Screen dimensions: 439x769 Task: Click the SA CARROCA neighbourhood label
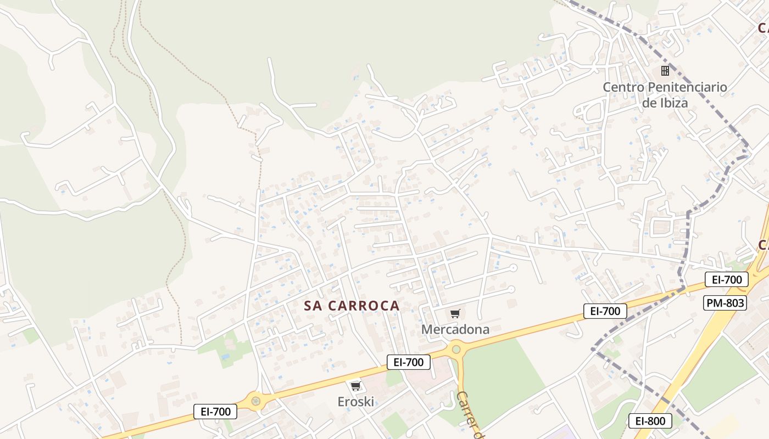pos(352,306)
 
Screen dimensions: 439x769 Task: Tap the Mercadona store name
pos(455,329)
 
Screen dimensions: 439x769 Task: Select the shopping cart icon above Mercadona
pos(455,314)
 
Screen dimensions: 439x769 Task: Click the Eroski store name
pos(355,402)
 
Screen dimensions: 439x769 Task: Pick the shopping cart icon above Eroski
pos(355,386)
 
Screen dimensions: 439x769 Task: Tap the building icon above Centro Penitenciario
pos(665,71)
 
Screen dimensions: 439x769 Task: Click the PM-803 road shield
pos(725,302)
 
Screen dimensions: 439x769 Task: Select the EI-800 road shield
pos(650,421)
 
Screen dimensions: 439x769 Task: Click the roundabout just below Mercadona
pos(455,349)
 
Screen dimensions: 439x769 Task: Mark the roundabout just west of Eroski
pos(255,401)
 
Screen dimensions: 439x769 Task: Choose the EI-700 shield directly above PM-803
pos(726,279)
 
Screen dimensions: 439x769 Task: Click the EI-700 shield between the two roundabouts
pos(409,362)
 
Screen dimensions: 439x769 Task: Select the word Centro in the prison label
pos(623,87)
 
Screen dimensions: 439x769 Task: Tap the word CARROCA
pos(364,306)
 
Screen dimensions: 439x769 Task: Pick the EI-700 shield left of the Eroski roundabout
pos(215,411)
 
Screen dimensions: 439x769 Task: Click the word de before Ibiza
pos(649,103)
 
